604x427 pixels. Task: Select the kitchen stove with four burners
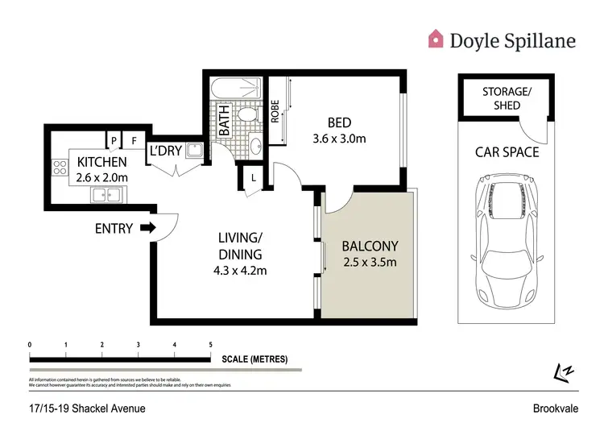pos(59,168)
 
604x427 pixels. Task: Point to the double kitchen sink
pos(107,194)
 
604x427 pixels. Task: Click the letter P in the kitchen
pos(114,140)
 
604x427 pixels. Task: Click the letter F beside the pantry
pos(134,140)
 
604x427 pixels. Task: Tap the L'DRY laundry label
pos(164,150)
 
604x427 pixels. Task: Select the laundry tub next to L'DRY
pos(193,150)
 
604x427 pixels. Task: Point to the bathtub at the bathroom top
pos(237,89)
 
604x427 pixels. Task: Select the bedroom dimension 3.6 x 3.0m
pos(339,138)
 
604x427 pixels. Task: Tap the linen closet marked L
pos(253,178)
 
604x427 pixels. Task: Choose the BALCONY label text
pos(370,246)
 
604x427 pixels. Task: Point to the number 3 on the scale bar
pos(138,344)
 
